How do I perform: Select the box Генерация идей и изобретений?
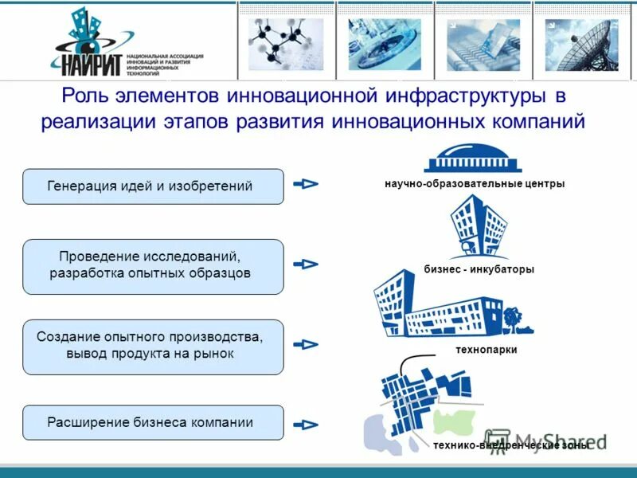(153, 186)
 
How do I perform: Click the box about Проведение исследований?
(153, 266)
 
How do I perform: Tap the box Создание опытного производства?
(153, 347)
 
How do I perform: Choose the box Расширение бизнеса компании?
(153, 422)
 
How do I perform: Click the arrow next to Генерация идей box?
(306, 184)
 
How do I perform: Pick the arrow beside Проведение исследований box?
(306, 264)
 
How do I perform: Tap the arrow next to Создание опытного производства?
(306, 345)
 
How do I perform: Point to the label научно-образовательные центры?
(475, 184)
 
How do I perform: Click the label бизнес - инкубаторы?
(479, 269)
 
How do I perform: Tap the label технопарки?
(487, 350)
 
